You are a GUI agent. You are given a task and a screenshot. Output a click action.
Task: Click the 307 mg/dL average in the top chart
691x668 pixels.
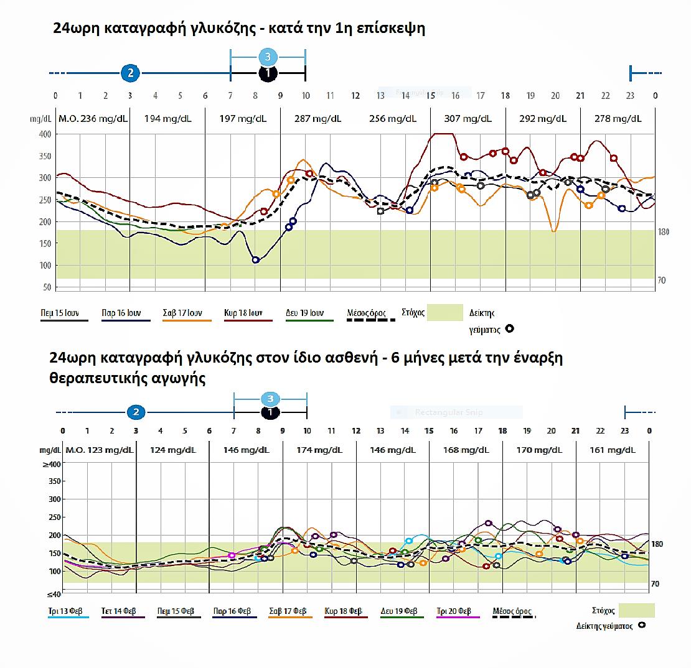click(x=468, y=118)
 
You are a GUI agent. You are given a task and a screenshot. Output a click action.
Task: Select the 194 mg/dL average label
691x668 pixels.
click(x=167, y=118)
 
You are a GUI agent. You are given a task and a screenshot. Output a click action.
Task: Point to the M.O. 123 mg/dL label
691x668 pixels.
click(x=99, y=450)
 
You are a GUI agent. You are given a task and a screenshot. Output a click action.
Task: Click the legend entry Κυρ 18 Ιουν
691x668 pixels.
click(x=243, y=313)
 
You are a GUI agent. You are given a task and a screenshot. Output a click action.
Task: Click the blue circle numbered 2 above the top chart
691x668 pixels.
click(x=130, y=73)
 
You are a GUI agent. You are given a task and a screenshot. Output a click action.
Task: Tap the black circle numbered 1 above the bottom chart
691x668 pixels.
click(x=270, y=412)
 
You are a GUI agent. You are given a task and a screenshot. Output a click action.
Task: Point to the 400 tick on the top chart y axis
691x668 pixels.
click(x=44, y=134)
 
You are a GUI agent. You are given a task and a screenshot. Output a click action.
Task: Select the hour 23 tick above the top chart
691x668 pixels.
click(x=630, y=96)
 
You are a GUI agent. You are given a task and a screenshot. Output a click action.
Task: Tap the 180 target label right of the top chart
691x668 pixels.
click(x=663, y=232)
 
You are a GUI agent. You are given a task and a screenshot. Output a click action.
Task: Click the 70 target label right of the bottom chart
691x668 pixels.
click(x=655, y=584)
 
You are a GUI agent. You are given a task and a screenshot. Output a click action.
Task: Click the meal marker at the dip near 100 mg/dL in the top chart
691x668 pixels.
click(x=255, y=260)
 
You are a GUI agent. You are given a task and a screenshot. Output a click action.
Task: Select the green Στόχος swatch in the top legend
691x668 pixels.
click(x=445, y=312)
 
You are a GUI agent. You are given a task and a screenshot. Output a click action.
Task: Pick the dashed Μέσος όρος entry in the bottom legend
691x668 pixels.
click(x=512, y=611)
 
